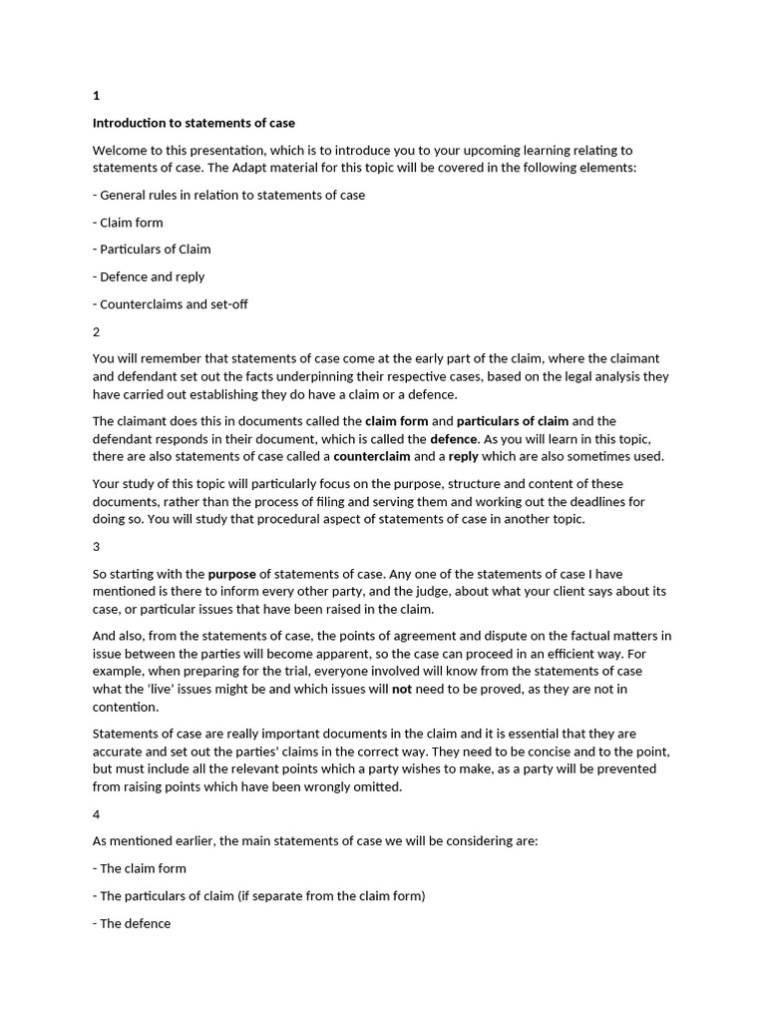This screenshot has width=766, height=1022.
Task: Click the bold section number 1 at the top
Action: pyautogui.click(x=97, y=96)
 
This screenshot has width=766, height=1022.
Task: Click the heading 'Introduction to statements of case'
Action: pyautogui.click(x=193, y=123)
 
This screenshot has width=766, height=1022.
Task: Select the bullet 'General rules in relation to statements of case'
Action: pyautogui.click(x=228, y=195)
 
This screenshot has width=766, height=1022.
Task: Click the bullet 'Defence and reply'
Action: pyautogui.click(x=149, y=276)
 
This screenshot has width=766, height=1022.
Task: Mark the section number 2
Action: pyautogui.click(x=97, y=331)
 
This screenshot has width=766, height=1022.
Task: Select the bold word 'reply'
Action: pyautogui.click(x=463, y=456)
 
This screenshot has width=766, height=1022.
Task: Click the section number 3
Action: pyautogui.click(x=97, y=547)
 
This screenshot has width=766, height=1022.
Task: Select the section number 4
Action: pyautogui.click(x=97, y=814)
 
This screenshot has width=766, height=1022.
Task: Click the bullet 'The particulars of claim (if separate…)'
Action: pyautogui.click(x=258, y=896)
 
